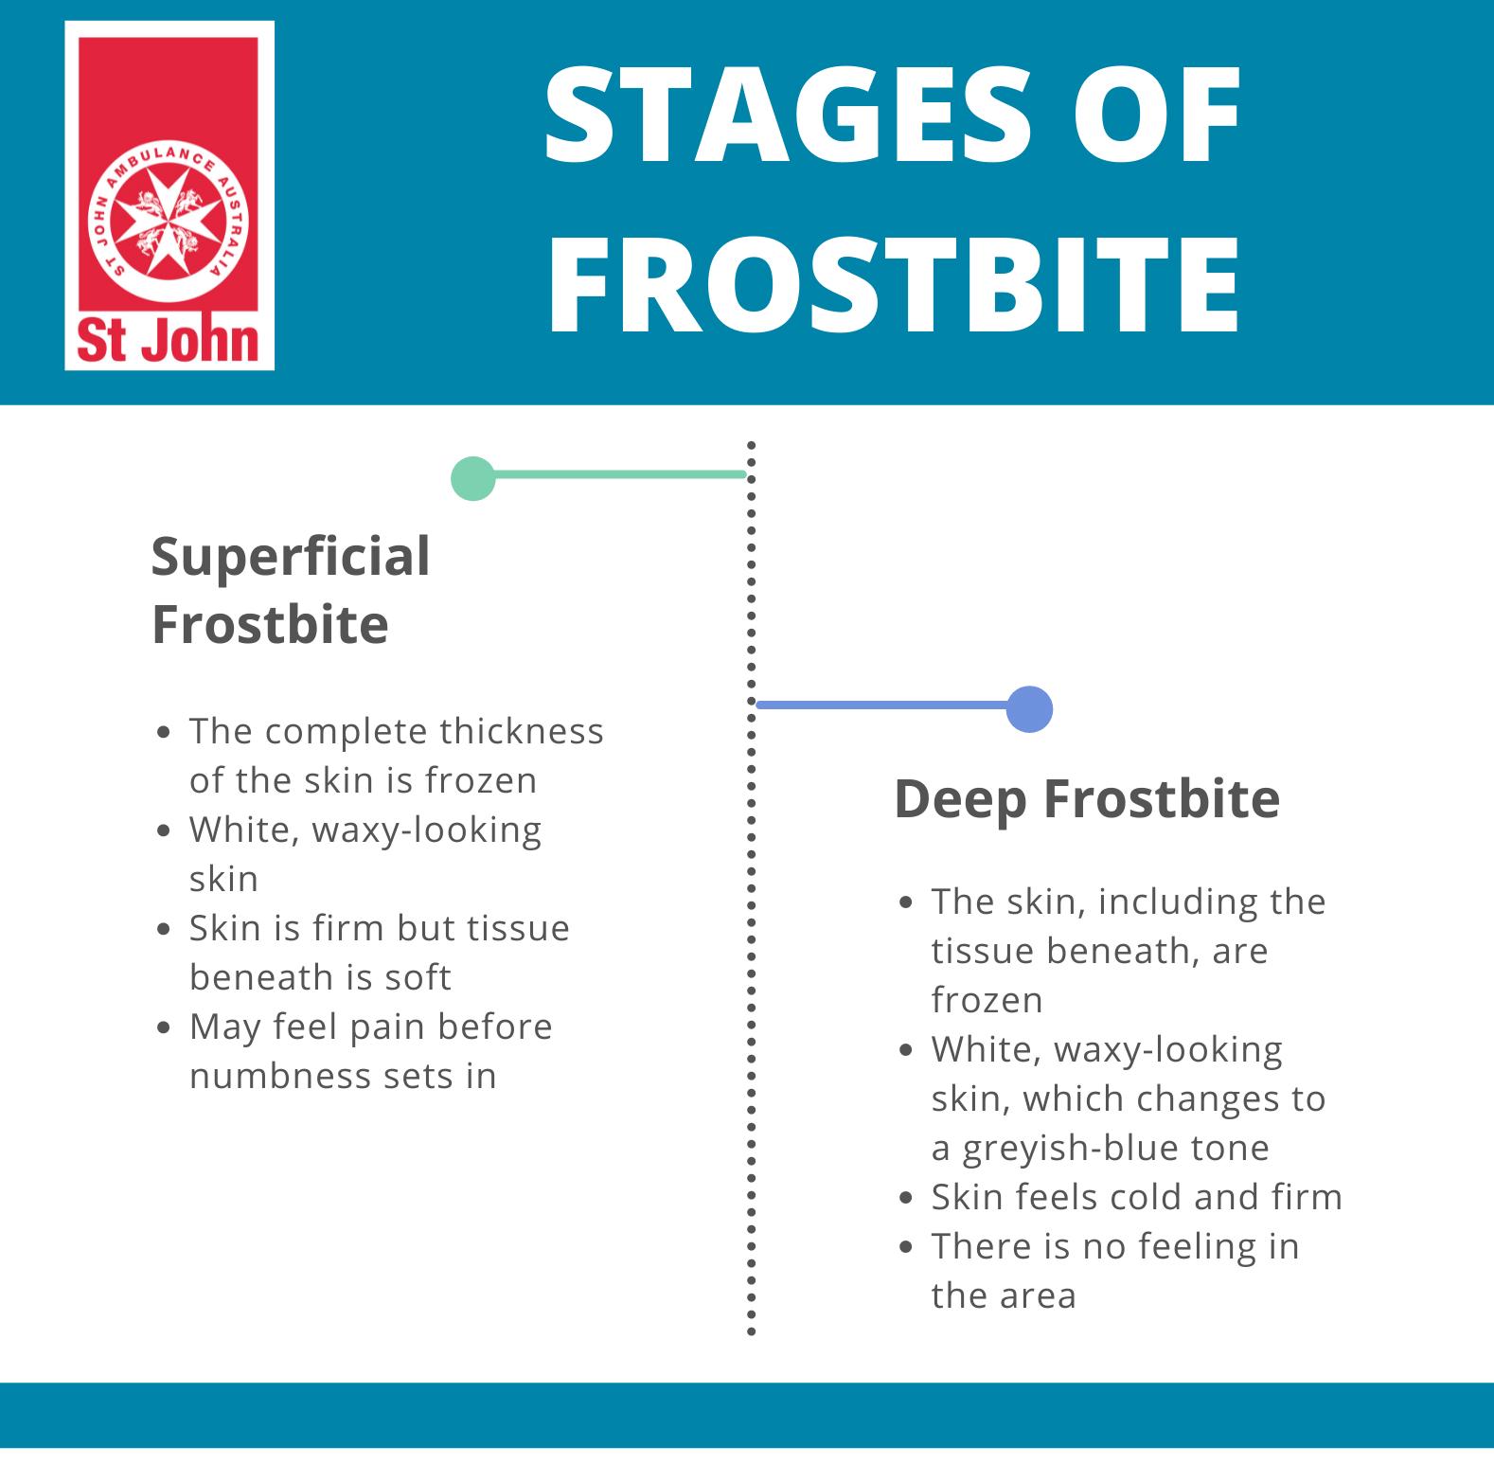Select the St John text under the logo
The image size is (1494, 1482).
pyautogui.click(x=169, y=342)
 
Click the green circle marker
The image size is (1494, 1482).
pyautogui.click(x=472, y=478)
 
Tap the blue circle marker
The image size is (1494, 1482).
pyautogui.click(x=1029, y=708)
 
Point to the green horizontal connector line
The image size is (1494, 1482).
pyautogui.click(x=615, y=473)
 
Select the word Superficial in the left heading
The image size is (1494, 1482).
pyautogui.click(x=291, y=556)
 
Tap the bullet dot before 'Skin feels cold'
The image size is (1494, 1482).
pyautogui.click(x=907, y=1198)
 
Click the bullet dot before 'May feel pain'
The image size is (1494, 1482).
pyautogui.click(x=166, y=1027)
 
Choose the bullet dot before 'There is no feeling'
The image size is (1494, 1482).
pyautogui.click(x=907, y=1247)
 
